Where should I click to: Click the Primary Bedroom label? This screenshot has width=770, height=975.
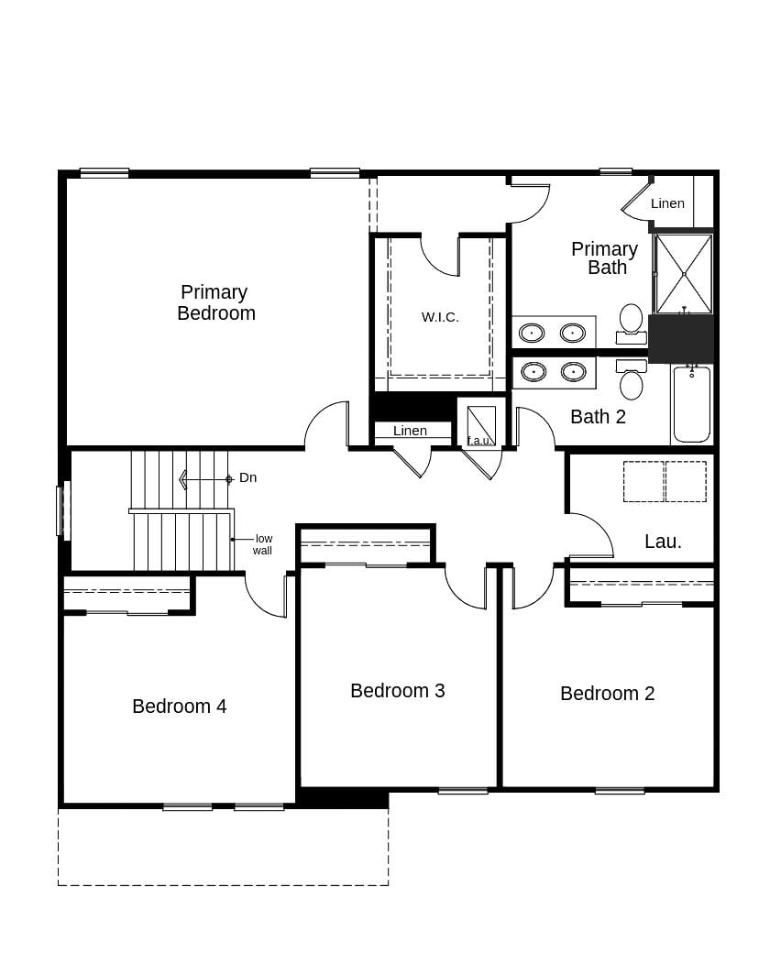coord(215,302)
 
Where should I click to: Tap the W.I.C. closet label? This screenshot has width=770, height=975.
coord(440,317)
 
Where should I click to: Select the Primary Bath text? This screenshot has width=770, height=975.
coord(605,257)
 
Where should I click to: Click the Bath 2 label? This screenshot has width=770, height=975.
coord(598,417)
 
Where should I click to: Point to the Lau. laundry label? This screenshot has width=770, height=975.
coord(663,542)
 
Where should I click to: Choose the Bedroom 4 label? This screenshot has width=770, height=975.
coord(180,707)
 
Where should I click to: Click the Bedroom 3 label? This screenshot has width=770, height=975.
coord(398,691)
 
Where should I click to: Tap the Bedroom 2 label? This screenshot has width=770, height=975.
coord(607,694)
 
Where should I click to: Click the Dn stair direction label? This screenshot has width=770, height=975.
coord(247,477)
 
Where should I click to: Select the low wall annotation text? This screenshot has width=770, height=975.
coord(263,544)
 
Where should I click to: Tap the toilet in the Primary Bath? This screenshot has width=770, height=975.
coord(631,322)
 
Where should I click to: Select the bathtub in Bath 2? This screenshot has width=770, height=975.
coord(691,404)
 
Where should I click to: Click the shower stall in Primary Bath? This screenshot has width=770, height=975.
coord(684,273)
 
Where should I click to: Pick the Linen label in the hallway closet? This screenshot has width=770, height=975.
coord(410,431)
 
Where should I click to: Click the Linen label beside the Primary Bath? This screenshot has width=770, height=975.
coord(667,203)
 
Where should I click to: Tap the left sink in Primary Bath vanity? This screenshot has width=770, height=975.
coord(533,333)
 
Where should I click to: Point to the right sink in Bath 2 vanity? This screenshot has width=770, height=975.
coord(573,371)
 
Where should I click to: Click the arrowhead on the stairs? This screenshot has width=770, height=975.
coord(183,478)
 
